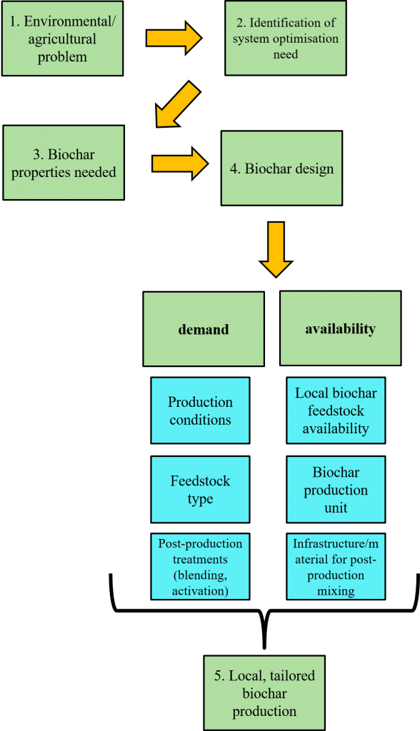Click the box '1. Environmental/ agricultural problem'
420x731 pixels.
(x=62, y=39)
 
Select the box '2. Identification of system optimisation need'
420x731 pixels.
(x=285, y=38)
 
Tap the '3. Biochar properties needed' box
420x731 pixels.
(x=64, y=163)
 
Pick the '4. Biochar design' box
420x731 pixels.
(x=281, y=168)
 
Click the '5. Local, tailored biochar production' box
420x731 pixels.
(x=264, y=693)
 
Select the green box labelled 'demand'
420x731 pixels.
(x=204, y=329)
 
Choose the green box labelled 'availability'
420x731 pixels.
(x=340, y=328)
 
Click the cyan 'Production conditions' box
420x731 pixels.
(x=200, y=410)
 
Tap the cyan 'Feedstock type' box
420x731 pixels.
(x=200, y=490)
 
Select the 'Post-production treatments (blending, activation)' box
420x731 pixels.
(x=200, y=567)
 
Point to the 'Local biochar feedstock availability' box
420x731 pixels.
(x=336, y=410)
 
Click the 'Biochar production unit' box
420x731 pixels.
(x=336, y=490)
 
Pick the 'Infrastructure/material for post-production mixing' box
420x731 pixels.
(x=336, y=567)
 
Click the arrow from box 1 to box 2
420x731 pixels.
(x=174, y=38)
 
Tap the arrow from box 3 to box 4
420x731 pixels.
(x=179, y=163)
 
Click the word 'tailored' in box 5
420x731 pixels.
(x=291, y=675)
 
